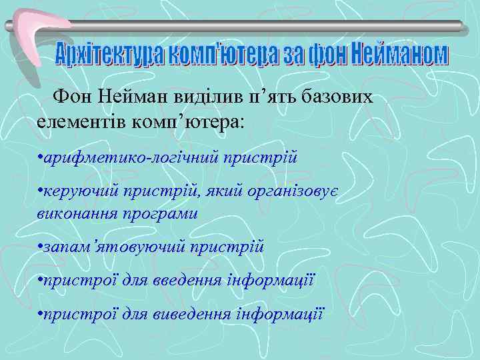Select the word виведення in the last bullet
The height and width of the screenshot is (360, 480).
193,313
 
